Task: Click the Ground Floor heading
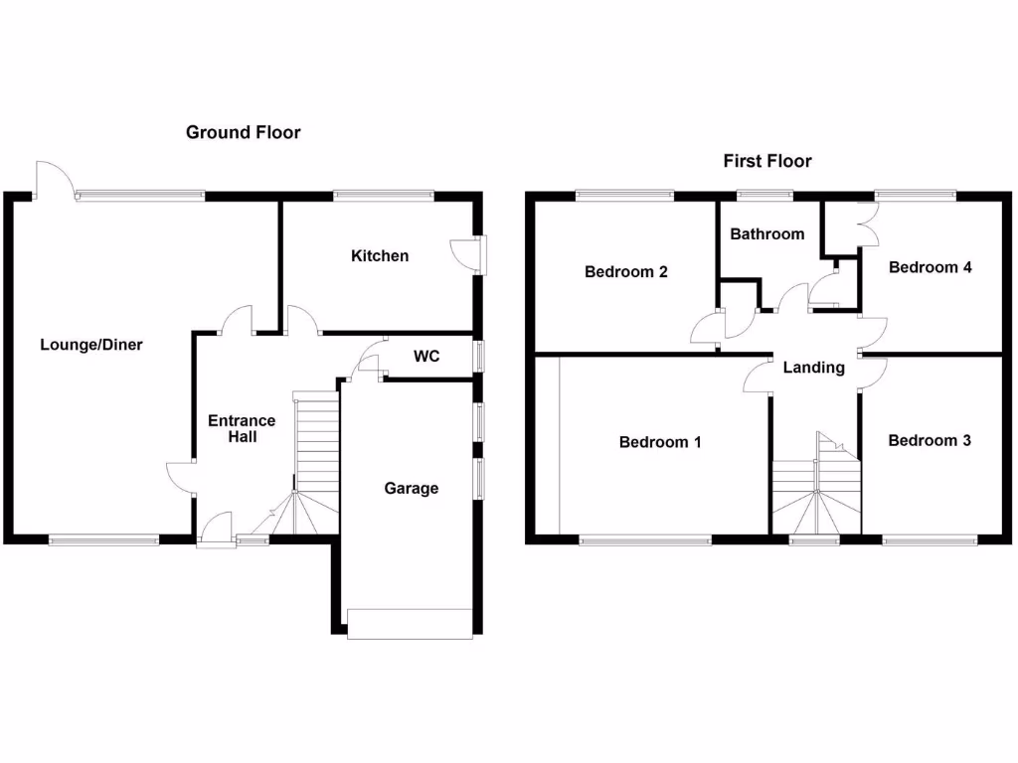tap(243, 132)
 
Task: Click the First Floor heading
tap(767, 161)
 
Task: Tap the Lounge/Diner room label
tap(91, 345)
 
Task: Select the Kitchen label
tap(380, 255)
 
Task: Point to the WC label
tap(426, 356)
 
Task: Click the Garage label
tap(412, 488)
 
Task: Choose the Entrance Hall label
tap(242, 428)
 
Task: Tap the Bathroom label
tap(766, 233)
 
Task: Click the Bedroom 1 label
tap(660, 442)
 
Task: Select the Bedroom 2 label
tap(625, 271)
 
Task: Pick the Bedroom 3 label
tap(930, 440)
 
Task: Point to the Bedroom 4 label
tap(930, 266)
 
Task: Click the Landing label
tap(814, 368)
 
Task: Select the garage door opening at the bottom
tap(409, 623)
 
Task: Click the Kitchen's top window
tap(384, 195)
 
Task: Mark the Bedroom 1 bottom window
tap(645, 540)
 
